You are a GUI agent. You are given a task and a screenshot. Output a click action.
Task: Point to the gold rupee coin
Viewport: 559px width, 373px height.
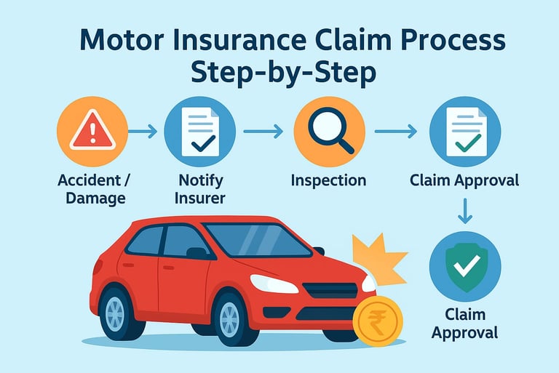tap(378, 321)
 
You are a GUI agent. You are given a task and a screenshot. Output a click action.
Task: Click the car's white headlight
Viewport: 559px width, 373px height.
tap(274, 284)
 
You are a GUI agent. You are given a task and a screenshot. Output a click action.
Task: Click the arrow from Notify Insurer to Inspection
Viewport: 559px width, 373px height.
tap(263, 132)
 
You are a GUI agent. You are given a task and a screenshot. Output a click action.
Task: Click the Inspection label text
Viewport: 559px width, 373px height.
tap(328, 180)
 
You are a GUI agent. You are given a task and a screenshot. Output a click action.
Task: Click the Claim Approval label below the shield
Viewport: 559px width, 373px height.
tap(464, 324)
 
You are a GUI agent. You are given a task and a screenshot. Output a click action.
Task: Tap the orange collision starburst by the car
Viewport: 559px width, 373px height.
tap(378, 258)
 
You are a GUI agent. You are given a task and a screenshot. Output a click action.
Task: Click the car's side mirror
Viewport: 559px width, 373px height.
tap(197, 252)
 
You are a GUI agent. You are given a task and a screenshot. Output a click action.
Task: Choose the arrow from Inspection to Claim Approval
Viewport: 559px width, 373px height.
tap(395, 132)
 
